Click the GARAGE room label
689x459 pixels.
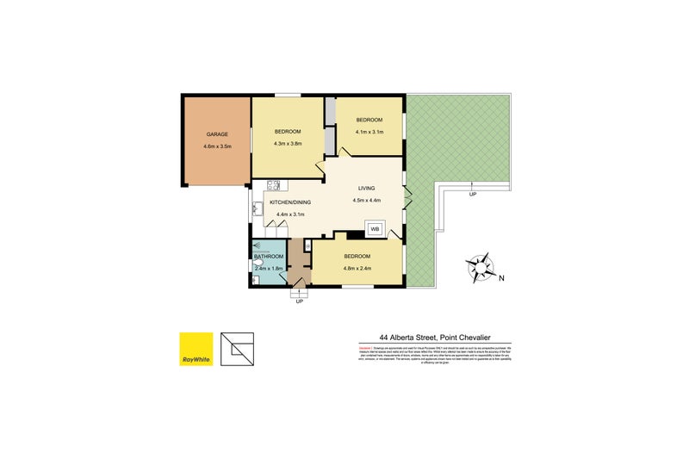[x=215, y=134]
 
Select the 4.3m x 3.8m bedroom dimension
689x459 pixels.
[x=288, y=143]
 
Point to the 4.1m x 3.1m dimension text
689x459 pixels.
[x=369, y=132]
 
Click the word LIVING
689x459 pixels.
[x=367, y=188]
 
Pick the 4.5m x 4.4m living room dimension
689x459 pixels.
[x=367, y=201]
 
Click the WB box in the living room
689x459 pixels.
[x=375, y=229]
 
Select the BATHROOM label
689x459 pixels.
[x=269, y=257]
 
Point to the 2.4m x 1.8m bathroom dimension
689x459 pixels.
[x=270, y=269]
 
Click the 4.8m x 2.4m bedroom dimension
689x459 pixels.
[x=357, y=269]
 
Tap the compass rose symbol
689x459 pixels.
[x=480, y=267]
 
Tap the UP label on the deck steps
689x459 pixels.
[x=472, y=195]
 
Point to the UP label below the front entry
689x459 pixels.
[x=299, y=301]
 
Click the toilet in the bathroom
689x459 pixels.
[x=258, y=267]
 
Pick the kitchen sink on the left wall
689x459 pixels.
[x=256, y=208]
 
